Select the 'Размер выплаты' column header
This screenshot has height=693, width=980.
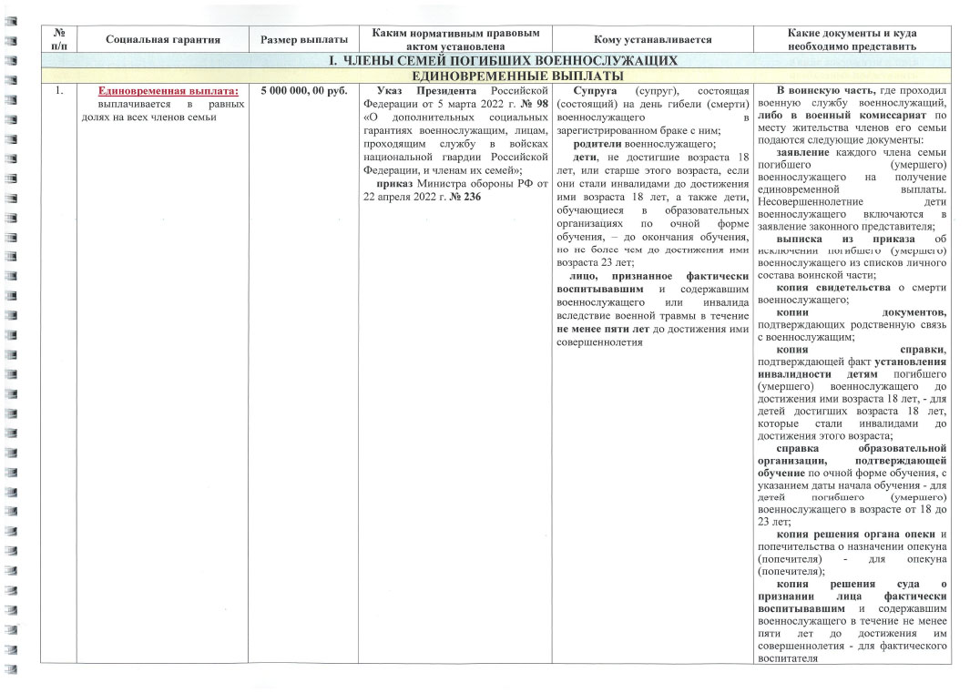[x=303, y=39]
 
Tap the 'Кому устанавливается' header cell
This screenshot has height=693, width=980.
[x=652, y=39]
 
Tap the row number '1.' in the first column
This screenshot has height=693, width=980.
[x=58, y=91]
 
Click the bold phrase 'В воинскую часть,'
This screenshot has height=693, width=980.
[x=825, y=91]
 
